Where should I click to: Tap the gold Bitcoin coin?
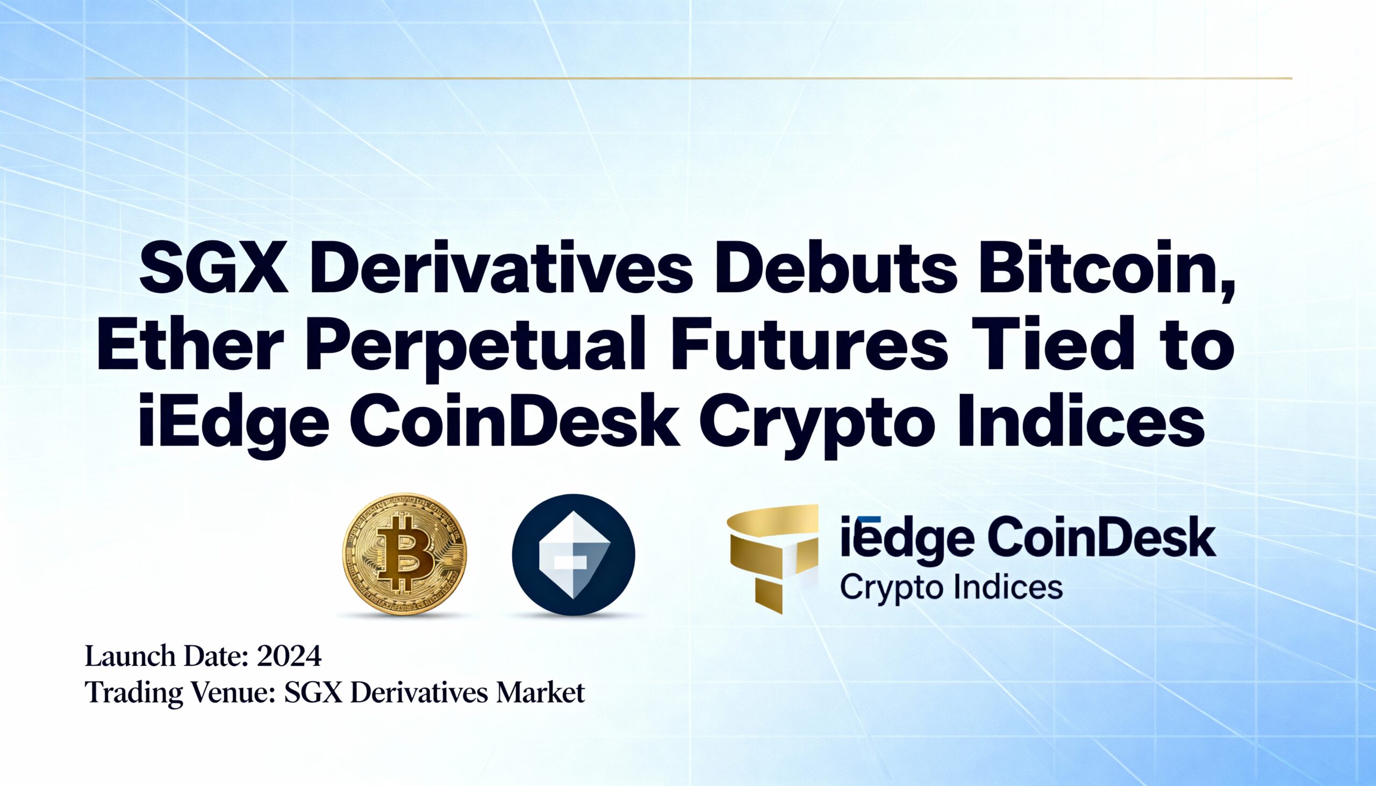click(x=405, y=554)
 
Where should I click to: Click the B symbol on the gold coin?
click(x=405, y=554)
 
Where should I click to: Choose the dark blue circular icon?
click(x=574, y=554)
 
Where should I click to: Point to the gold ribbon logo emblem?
click(x=772, y=556)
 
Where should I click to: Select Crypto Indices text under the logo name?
click(x=951, y=588)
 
